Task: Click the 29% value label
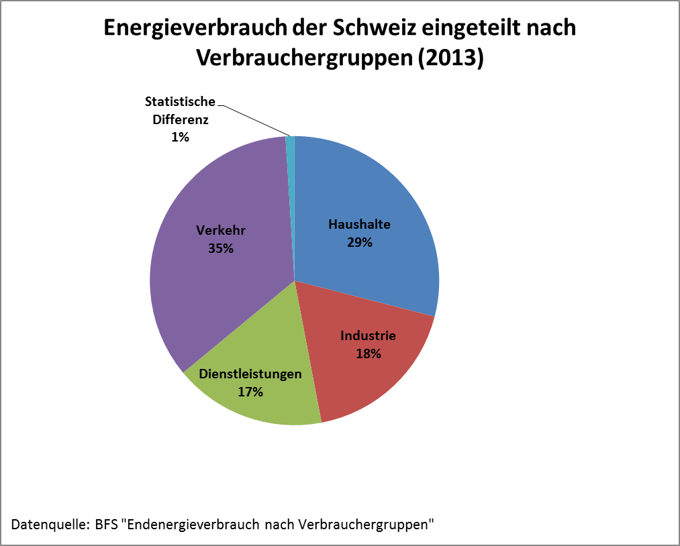(x=359, y=242)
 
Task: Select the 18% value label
(x=369, y=353)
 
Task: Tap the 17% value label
(x=250, y=391)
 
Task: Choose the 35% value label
(x=220, y=248)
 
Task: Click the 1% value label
(x=180, y=137)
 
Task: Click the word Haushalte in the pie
(x=359, y=225)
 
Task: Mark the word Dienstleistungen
(x=250, y=374)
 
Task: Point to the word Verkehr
(x=220, y=231)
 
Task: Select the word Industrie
(x=368, y=335)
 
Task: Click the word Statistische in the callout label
(x=180, y=102)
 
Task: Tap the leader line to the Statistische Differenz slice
(x=255, y=121)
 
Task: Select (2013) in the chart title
(x=450, y=58)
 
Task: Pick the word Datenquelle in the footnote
(x=46, y=523)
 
